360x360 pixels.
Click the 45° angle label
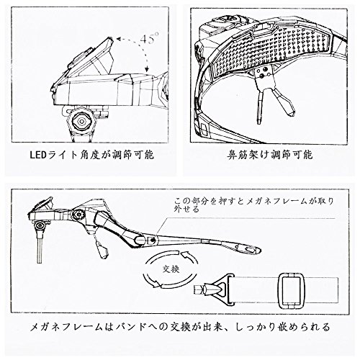pos(149,38)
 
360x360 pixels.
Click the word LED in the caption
pos(37,156)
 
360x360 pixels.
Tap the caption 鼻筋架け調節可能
pos(270,155)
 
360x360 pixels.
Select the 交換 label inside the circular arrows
pos(171,269)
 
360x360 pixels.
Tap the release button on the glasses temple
pos(152,240)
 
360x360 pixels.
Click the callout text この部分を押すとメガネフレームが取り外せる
pos(253,205)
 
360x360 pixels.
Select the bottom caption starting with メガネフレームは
pos(180,327)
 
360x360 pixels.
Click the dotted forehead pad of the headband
pos(271,50)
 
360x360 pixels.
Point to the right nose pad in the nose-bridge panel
pos(284,102)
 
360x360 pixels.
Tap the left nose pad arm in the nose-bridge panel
pos(260,107)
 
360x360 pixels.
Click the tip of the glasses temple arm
pos(260,251)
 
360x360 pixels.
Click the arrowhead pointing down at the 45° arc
pos(146,69)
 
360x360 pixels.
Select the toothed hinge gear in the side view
pos(78,214)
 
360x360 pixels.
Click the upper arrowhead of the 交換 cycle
pos(186,254)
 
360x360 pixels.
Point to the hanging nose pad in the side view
pos(103,251)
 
